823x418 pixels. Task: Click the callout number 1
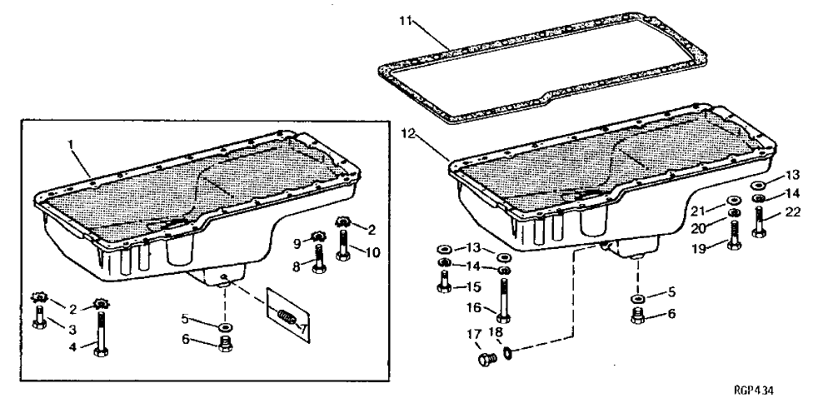click(72, 144)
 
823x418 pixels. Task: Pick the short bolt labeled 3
click(38, 317)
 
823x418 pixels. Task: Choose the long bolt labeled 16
click(502, 301)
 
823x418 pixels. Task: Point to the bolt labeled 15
click(443, 285)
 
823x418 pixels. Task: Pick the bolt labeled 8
click(318, 260)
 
